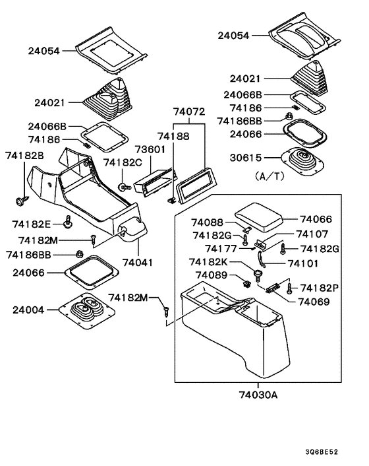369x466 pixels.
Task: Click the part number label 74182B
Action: pyautogui.click(x=24, y=156)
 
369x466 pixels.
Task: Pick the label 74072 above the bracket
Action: pyautogui.click(x=189, y=113)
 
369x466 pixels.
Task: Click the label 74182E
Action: pyautogui.click(x=30, y=224)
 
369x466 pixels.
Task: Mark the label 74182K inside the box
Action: pyautogui.click(x=210, y=262)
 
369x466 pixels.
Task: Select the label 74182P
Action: pyautogui.click(x=320, y=288)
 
